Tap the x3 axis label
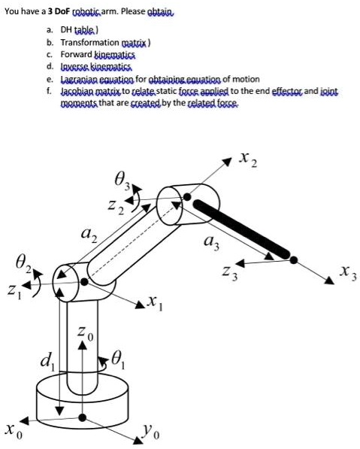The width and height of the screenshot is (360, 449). coord(346,270)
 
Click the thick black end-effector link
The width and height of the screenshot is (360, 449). coord(244,230)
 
